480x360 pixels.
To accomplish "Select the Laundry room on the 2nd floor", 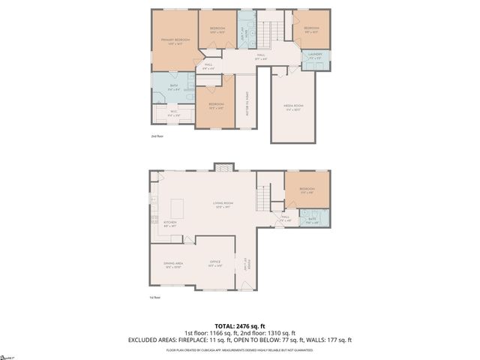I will pyautogui.click(x=314, y=56).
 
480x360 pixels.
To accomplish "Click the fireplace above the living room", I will pyautogui.click(x=222, y=167).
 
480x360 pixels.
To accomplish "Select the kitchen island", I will pyautogui.click(x=178, y=206).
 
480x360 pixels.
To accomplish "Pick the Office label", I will pyautogui.click(x=214, y=263).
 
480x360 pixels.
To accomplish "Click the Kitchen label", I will pyautogui.click(x=170, y=223).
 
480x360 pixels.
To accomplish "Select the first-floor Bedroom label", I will pyautogui.click(x=307, y=190).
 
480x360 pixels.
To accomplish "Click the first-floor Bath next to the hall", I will pyautogui.click(x=312, y=220).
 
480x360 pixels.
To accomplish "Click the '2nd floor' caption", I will pyautogui.click(x=157, y=136).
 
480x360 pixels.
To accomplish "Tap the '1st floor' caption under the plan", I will pyautogui.click(x=155, y=298).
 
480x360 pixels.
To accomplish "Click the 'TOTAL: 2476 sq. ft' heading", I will pyautogui.click(x=240, y=325).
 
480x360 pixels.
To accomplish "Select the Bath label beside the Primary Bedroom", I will pyautogui.click(x=174, y=88).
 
